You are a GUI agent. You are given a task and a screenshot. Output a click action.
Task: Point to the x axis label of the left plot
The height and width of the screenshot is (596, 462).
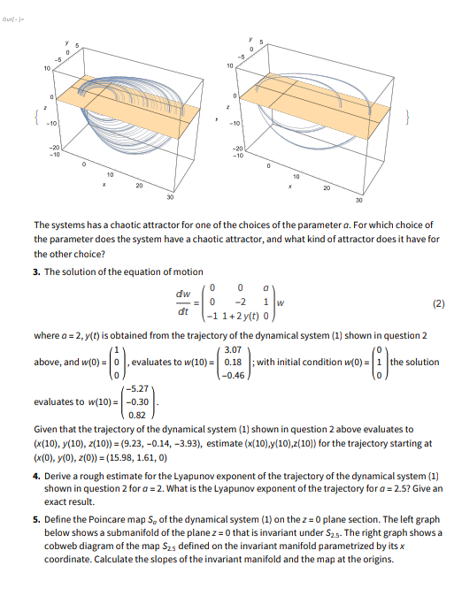click(x=104, y=185)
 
